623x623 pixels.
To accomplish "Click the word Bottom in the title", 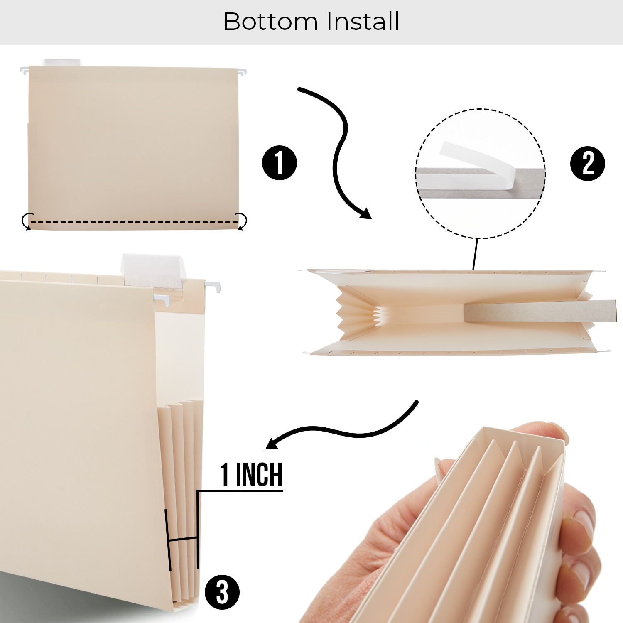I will click(270, 22).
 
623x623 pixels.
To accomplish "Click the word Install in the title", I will click(363, 22).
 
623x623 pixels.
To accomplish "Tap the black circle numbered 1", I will click(279, 163).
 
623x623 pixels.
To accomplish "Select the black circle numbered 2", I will click(587, 163).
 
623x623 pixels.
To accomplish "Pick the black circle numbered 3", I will click(222, 592).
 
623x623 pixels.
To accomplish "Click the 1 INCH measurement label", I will click(251, 475).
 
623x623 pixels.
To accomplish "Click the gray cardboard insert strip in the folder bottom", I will click(540, 311).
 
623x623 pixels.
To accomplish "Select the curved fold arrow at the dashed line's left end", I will click(27, 221).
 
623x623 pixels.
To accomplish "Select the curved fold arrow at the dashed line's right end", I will click(241, 221).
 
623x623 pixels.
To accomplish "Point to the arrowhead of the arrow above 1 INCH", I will click(272, 444).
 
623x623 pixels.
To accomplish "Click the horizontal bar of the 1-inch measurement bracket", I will click(183, 539).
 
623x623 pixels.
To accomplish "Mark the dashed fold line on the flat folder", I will click(133, 222).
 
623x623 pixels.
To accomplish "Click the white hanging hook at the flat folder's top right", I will click(242, 72).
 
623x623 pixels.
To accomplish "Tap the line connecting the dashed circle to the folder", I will click(476, 253).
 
